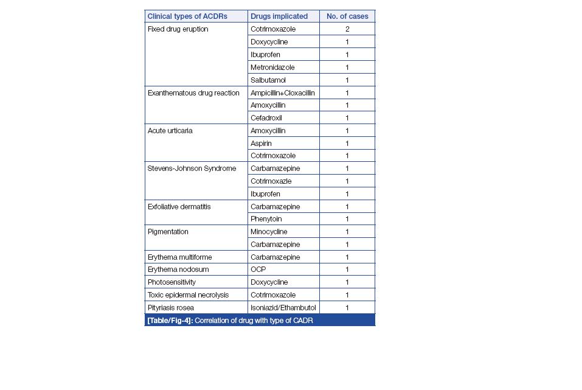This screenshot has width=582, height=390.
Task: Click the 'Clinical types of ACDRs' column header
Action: (x=187, y=16)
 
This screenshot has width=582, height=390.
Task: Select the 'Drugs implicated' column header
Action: (x=279, y=16)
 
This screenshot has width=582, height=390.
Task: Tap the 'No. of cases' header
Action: (x=347, y=16)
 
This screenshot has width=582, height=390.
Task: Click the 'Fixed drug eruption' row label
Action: (x=178, y=29)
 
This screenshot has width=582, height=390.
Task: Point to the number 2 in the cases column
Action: (x=347, y=29)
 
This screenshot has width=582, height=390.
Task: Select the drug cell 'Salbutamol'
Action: (x=268, y=80)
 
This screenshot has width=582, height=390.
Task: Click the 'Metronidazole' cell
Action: (x=272, y=68)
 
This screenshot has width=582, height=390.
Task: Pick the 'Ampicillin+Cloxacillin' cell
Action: (x=283, y=93)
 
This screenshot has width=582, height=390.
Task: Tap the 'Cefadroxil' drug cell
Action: (x=266, y=118)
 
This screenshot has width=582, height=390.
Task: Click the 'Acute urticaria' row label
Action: (x=170, y=131)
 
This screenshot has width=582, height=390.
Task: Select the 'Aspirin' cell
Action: (x=261, y=144)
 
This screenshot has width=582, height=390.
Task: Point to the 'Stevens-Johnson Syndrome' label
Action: (x=192, y=169)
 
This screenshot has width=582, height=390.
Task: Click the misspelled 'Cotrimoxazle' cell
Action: (x=271, y=181)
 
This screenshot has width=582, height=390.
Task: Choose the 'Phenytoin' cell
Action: (x=266, y=219)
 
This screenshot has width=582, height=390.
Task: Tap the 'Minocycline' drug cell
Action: (x=269, y=232)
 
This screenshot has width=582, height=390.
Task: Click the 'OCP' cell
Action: (x=258, y=270)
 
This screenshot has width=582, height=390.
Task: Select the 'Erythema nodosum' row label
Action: (x=178, y=270)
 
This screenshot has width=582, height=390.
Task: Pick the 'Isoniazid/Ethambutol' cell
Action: (x=283, y=308)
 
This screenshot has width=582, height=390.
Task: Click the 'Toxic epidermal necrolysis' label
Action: (x=188, y=295)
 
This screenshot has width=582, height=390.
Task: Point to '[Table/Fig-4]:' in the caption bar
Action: (x=170, y=320)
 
